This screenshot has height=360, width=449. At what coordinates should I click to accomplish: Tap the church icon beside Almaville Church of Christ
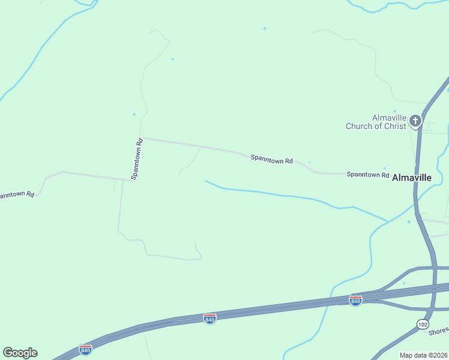pos(415,122)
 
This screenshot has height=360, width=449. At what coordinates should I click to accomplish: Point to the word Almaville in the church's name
pos(390,118)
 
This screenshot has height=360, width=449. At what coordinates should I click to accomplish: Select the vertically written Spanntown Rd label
pos(137,159)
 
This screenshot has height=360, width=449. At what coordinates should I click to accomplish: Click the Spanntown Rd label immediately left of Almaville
pos(368,174)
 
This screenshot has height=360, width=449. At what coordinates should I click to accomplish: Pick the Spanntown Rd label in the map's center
pos(271,160)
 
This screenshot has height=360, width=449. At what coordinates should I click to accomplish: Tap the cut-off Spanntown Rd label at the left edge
pos(16,195)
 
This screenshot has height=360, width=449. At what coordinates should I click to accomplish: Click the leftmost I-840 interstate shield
pos(86,349)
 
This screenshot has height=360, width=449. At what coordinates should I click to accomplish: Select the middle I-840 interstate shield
pos(209,319)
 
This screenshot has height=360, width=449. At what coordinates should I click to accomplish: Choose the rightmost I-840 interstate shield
pos(355,300)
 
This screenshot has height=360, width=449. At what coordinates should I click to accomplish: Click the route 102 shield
pos(423,324)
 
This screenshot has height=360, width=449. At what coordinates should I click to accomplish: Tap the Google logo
pos(20,353)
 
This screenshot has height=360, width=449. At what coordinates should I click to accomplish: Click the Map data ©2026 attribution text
pos(424,355)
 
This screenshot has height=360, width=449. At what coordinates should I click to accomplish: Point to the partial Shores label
pos(439,331)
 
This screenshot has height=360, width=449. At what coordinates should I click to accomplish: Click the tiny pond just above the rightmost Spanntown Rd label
pos(385,169)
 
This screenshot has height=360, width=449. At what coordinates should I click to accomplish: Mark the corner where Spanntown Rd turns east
pos(140,138)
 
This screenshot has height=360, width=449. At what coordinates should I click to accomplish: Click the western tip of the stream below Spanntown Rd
pos(206,181)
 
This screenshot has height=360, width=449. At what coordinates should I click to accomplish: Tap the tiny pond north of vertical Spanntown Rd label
pos(134,114)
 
